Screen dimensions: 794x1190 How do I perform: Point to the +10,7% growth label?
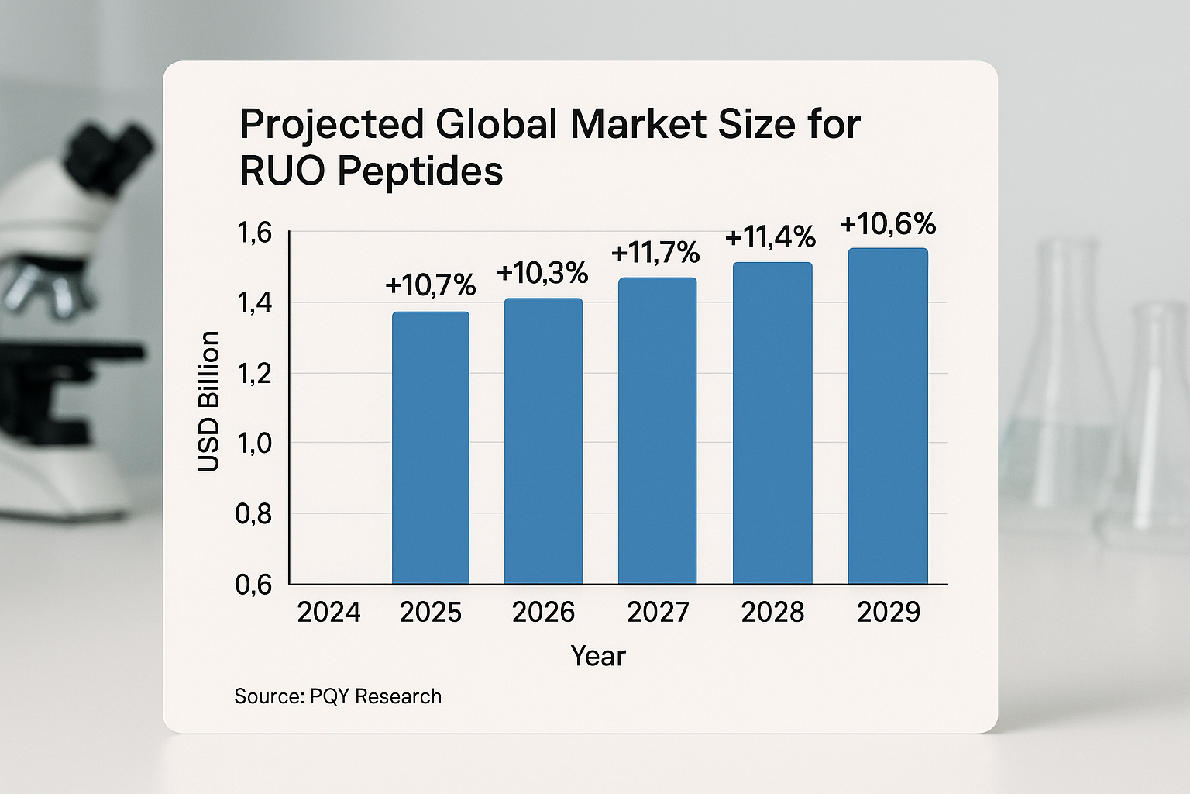(x=430, y=285)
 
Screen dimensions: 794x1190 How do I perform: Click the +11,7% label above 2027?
(x=655, y=253)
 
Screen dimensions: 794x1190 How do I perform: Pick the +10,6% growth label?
(x=888, y=224)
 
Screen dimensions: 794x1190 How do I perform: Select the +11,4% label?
(x=770, y=237)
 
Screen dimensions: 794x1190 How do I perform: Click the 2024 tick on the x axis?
(x=328, y=613)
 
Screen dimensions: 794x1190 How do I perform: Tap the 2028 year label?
(x=772, y=613)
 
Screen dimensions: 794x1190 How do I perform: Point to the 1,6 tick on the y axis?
(x=254, y=232)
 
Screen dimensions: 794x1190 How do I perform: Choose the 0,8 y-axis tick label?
(x=254, y=513)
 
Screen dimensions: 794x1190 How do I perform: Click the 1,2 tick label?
(x=254, y=373)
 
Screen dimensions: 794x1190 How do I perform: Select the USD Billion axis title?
(x=209, y=401)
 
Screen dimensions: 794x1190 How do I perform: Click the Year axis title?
(x=597, y=656)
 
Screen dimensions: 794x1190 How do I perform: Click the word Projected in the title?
(x=332, y=124)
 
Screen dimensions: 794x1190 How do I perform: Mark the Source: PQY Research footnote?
(x=338, y=696)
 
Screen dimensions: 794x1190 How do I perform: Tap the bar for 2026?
(x=543, y=441)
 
